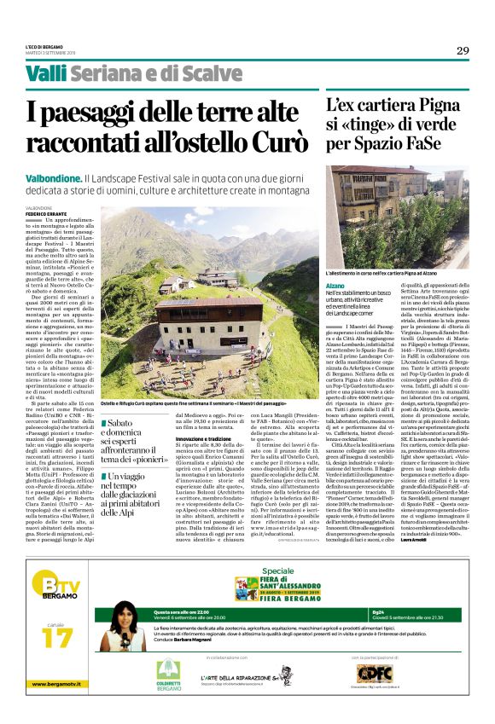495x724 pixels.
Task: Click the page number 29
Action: pyautogui.click(x=462, y=49)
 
